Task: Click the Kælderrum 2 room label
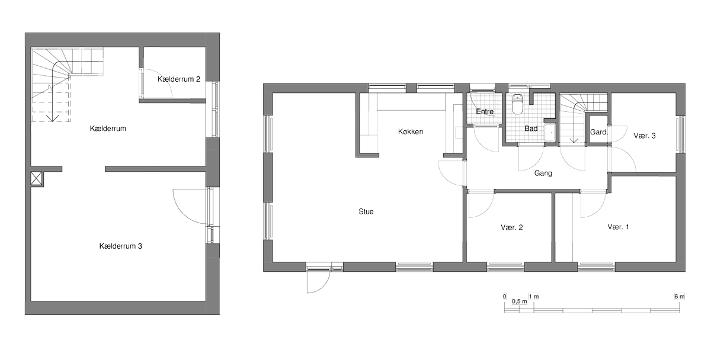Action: pos(179,79)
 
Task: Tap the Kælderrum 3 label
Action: pos(121,246)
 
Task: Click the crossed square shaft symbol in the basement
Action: pos(36,178)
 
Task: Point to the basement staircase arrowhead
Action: pos(52,118)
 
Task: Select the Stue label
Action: pos(366,211)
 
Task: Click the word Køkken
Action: pos(411,131)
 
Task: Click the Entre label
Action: pos(485,112)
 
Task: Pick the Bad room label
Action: pos(531,128)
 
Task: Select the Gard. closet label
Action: pos(599,132)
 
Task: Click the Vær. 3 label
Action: pos(645,136)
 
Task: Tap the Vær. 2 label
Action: pos(512,227)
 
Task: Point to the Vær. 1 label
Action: pos(619,227)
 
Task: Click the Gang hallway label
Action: pos(543,173)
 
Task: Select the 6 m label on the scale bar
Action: pos(680,297)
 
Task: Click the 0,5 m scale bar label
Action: pos(519,301)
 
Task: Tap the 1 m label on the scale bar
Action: pos(534,297)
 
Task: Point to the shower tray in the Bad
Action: pos(550,133)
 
